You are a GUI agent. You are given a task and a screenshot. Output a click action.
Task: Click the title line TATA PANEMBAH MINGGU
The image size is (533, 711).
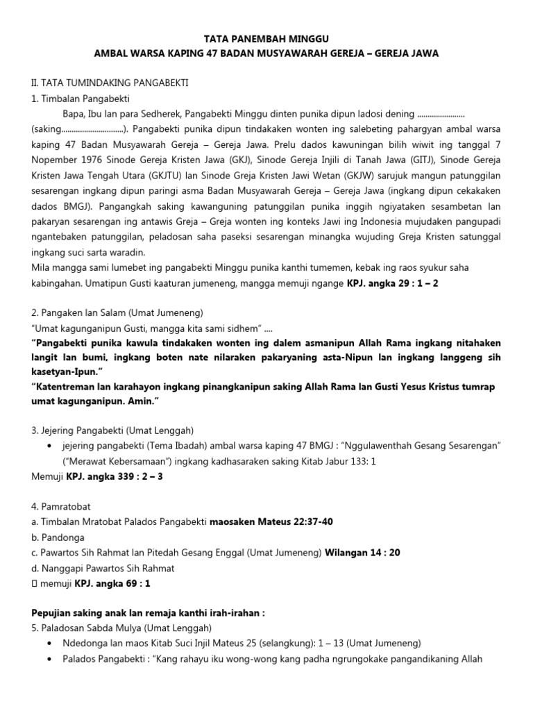pos(266,40)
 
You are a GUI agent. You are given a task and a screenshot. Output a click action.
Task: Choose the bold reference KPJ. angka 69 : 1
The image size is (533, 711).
pos(112,583)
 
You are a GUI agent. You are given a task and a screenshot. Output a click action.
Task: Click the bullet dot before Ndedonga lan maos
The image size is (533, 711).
pos(49,643)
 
